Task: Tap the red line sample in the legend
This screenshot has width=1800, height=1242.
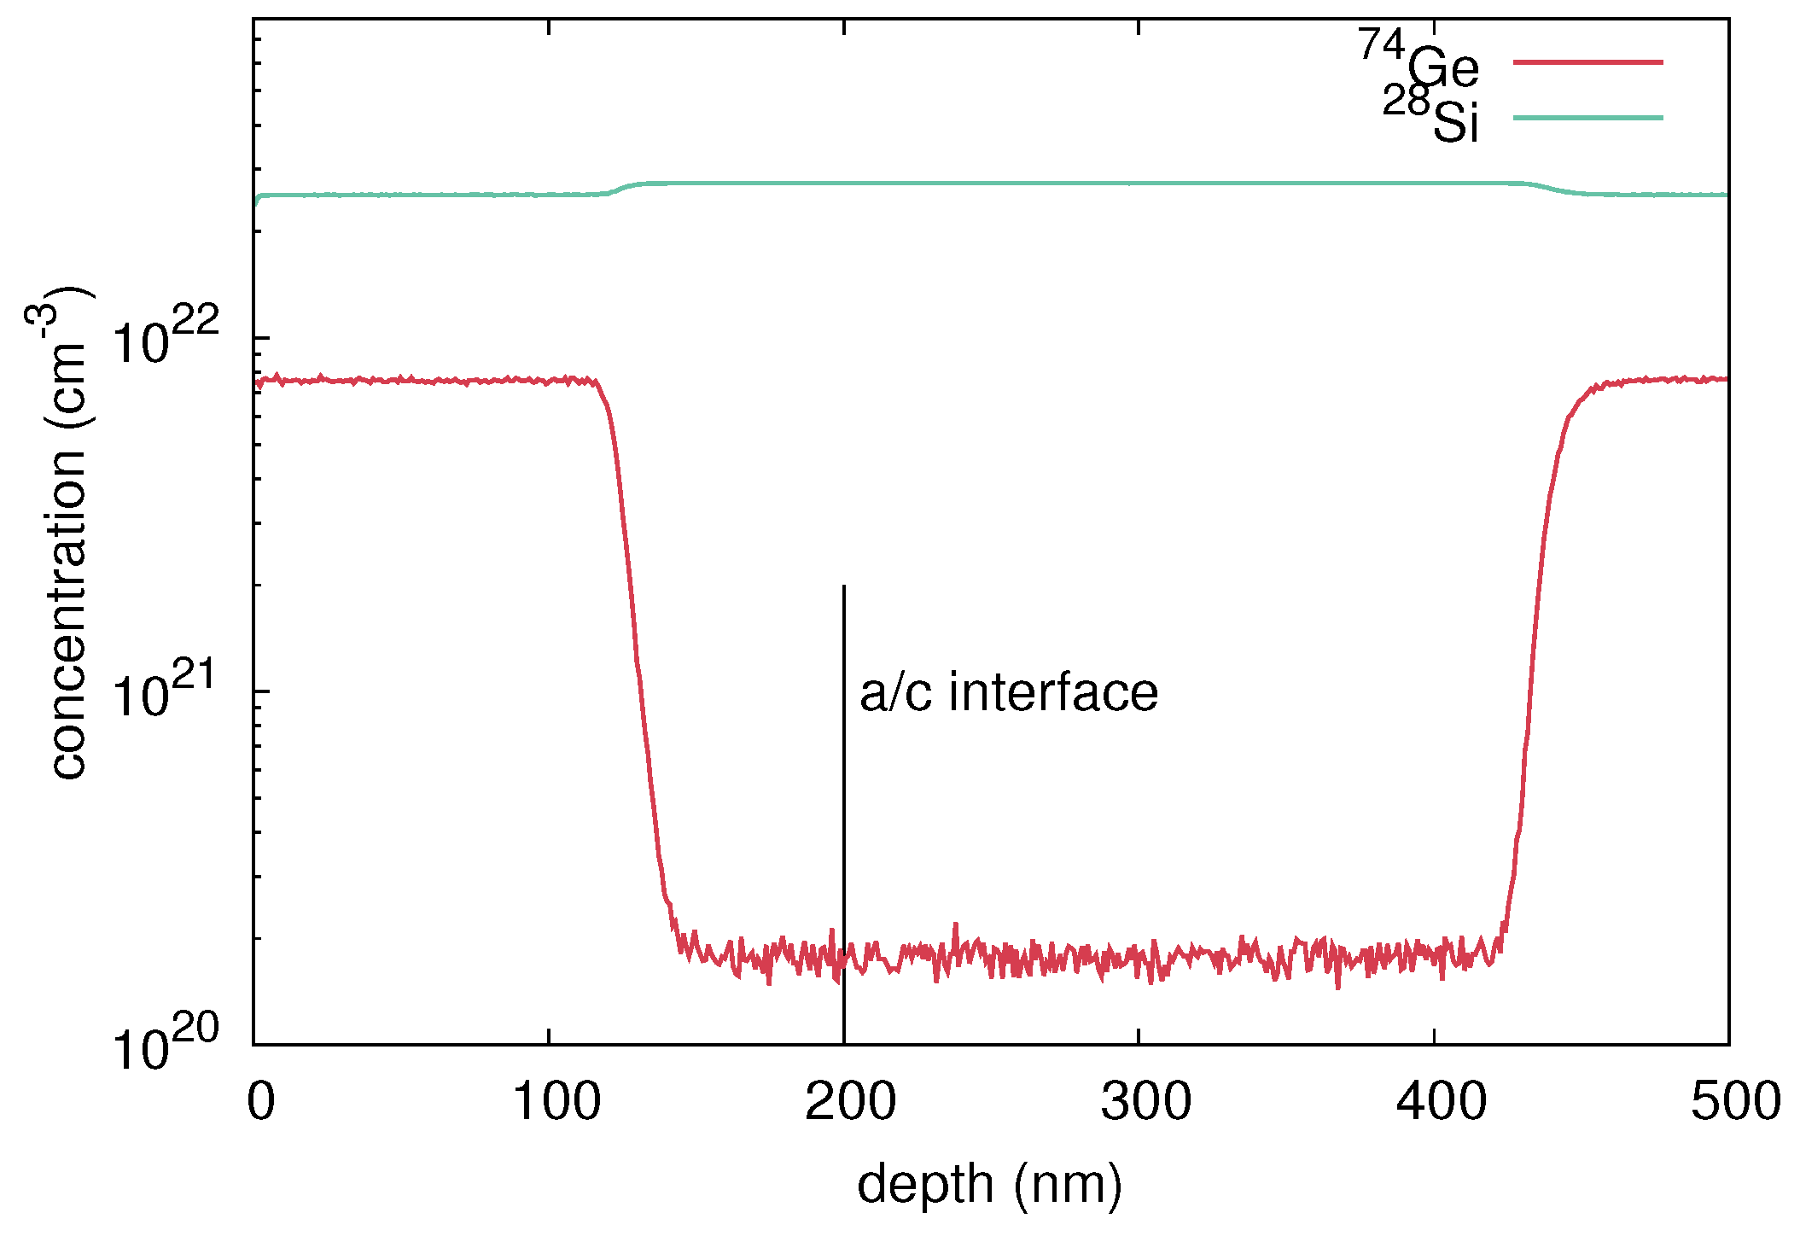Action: tap(1587, 62)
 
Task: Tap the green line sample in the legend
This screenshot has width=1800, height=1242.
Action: tap(1587, 118)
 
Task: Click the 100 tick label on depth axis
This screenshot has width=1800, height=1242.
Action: tap(556, 1101)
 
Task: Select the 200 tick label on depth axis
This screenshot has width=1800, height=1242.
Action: tap(850, 1101)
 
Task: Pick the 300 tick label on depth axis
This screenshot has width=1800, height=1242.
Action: tap(1145, 1101)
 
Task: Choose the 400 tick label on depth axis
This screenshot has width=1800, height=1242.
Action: tap(1441, 1101)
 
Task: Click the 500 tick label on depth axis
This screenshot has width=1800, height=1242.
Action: tap(1735, 1101)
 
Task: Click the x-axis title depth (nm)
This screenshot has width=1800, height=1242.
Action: tap(989, 1185)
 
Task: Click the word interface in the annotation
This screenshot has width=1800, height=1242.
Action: tap(1053, 691)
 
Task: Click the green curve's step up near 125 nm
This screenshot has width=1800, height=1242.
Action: tap(620, 189)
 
